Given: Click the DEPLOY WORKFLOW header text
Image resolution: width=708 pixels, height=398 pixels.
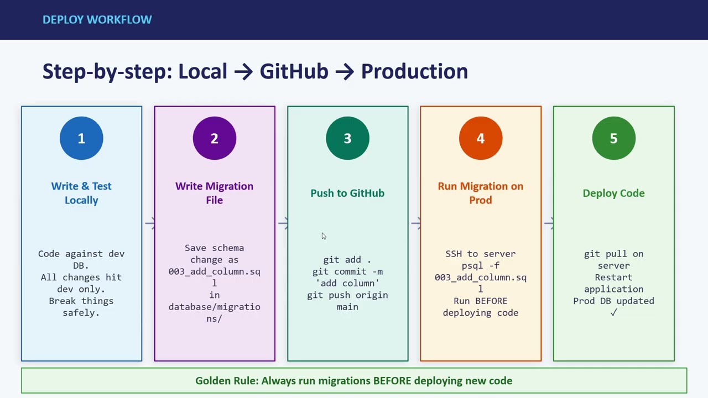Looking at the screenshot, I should click(x=97, y=19).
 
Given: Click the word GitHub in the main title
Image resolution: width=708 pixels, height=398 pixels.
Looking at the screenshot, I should click(x=294, y=71).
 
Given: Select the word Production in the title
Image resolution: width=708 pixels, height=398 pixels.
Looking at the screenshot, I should click(x=414, y=71).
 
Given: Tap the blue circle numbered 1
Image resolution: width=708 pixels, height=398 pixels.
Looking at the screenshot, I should click(x=81, y=138).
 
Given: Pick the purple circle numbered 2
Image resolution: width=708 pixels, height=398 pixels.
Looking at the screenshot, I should click(x=215, y=138).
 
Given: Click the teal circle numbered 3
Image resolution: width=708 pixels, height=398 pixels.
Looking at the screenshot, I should click(x=347, y=138).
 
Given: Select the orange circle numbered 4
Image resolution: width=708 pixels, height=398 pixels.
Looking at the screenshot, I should click(x=481, y=138).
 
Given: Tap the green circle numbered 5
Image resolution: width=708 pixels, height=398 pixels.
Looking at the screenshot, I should click(x=613, y=138).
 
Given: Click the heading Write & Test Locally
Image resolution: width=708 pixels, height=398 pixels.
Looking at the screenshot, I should click(x=81, y=193).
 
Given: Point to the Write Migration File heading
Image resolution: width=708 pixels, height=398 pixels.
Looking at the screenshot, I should click(x=215, y=193).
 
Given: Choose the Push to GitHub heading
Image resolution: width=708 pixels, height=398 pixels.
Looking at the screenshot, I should click(x=347, y=193).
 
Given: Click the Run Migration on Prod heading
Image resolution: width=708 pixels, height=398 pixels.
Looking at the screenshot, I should click(x=481, y=193).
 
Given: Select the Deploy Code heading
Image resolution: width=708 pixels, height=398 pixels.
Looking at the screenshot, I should click(x=613, y=193).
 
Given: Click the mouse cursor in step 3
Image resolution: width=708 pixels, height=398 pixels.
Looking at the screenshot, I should click(x=324, y=236).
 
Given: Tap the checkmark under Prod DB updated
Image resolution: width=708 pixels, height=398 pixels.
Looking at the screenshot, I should click(x=613, y=313).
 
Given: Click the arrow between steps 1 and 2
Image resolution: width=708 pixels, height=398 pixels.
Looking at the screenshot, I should click(x=149, y=223).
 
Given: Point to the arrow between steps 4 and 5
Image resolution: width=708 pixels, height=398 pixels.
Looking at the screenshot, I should click(x=548, y=223).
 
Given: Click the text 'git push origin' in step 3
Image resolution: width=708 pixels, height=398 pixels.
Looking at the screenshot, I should click(x=347, y=295).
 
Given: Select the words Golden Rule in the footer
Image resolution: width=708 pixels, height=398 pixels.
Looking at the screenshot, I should click(x=226, y=381).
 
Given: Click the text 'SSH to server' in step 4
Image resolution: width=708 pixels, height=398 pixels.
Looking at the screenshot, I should click(x=481, y=254).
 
